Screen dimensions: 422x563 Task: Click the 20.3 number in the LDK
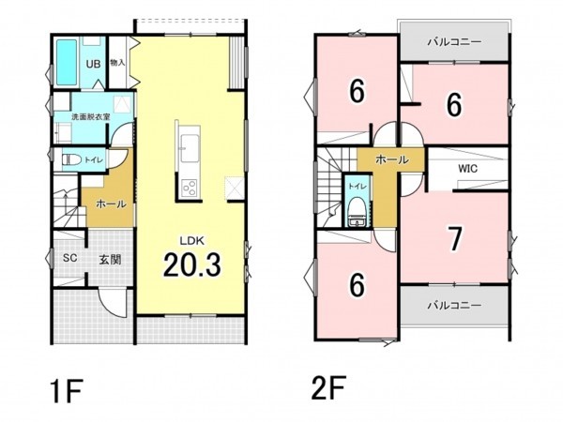192,265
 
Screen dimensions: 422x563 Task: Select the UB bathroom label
93,64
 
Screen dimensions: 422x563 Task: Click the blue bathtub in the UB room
66,62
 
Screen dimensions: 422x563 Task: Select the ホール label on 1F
109,203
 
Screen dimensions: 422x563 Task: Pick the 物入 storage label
117,63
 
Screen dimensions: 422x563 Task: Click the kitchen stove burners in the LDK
188,186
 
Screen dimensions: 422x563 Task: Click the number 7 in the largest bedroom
454,239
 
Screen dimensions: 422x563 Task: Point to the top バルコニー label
454,42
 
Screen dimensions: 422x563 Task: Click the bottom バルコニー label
454,306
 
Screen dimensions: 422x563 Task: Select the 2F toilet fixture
357,218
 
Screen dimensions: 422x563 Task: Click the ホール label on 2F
391,160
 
